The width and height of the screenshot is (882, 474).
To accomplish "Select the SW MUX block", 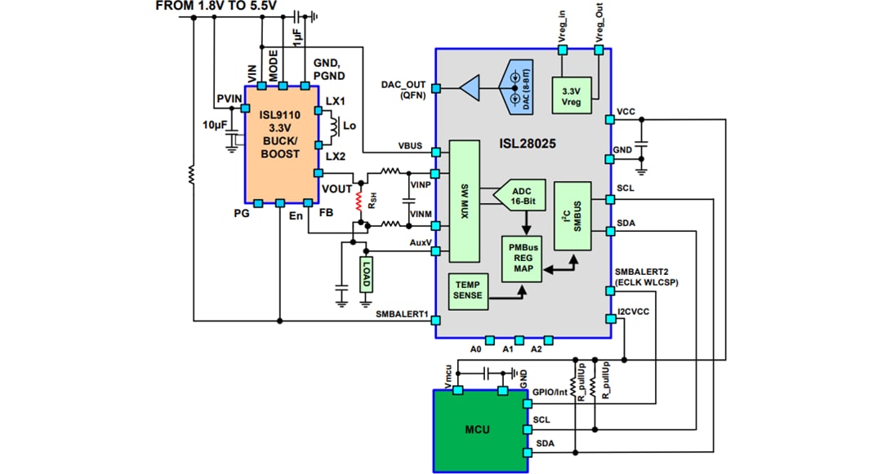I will point(464,201).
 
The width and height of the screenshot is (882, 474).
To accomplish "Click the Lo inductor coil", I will point(333,127).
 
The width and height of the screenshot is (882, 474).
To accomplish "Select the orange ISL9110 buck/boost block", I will point(281,142).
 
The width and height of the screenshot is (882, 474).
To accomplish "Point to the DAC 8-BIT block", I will point(516,86).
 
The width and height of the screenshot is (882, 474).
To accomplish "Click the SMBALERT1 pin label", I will point(402,313).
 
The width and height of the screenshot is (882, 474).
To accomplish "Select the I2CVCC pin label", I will point(635,309).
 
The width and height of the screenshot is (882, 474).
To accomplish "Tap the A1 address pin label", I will point(508,349).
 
